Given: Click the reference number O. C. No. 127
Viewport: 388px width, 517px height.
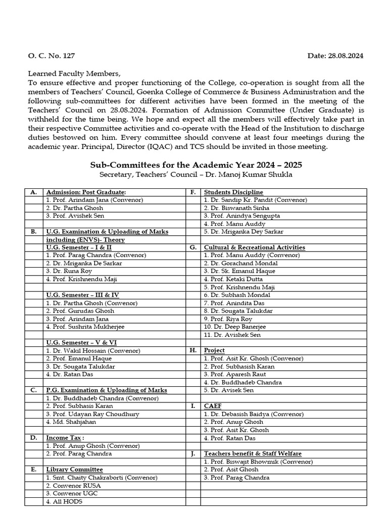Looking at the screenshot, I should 48,56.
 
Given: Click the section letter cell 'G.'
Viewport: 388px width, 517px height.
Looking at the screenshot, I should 192,247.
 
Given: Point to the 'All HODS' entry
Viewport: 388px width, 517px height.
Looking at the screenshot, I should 64,502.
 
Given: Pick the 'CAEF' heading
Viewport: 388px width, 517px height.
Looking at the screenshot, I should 213,406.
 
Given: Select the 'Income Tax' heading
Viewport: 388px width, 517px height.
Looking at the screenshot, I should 65,438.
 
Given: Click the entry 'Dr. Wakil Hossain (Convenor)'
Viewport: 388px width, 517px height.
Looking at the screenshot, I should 93,350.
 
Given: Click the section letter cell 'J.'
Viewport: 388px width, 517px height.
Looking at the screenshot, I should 192,454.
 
